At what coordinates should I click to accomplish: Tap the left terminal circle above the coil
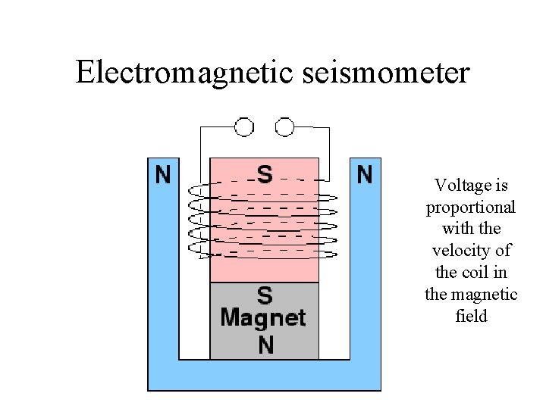244,126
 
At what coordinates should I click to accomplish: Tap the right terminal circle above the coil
284,126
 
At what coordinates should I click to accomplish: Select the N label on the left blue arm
163,175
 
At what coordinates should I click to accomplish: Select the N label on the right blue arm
365,175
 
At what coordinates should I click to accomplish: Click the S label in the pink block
264,175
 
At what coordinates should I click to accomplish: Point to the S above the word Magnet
264,295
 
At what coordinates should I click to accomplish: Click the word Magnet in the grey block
263,317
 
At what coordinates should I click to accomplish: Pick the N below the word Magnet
265,345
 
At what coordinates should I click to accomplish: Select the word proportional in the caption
471,208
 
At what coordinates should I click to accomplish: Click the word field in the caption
471,317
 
